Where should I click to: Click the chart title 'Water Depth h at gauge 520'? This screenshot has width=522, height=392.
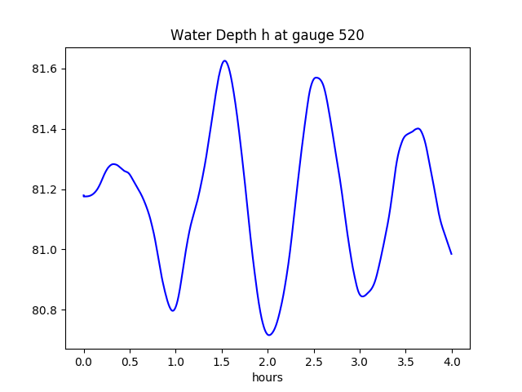point(267,36)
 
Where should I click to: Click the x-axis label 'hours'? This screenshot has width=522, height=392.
point(268,377)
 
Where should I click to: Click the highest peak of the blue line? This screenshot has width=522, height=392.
point(224,60)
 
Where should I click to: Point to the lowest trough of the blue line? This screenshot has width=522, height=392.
point(268,335)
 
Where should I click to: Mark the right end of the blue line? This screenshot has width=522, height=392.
point(451,254)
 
